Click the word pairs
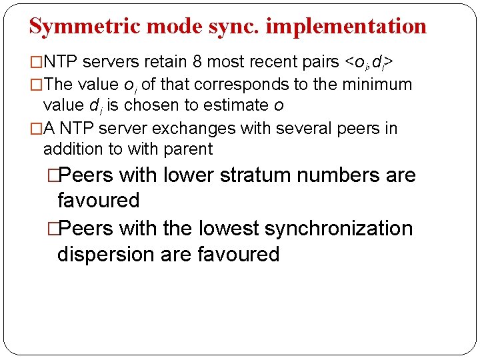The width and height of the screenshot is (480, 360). (x=321, y=63)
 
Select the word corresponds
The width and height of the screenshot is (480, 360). (x=243, y=85)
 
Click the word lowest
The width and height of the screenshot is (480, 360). (x=228, y=229)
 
